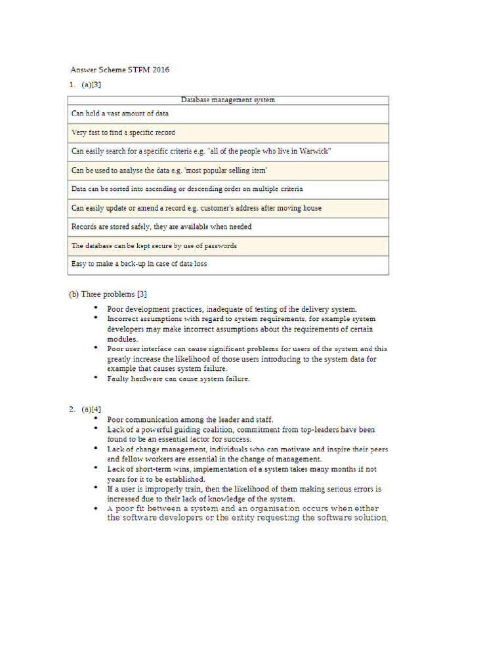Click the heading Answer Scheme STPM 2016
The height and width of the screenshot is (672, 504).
point(119,70)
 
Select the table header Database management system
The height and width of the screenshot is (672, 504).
point(228,100)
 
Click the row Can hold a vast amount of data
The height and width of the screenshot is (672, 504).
point(120,114)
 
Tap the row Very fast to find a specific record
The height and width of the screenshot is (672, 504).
point(123,133)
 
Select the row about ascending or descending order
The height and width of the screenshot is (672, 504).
point(187,189)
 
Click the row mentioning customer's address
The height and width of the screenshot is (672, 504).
point(196,208)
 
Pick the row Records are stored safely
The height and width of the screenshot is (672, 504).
point(161,226)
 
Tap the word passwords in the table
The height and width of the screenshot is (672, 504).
point(221,245)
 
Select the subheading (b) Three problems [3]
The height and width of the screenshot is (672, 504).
point(112,294)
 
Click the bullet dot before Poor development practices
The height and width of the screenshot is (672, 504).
point(95,307)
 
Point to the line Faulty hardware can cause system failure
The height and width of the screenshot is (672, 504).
point(178,379)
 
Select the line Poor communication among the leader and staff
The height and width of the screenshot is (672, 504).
point(190,419)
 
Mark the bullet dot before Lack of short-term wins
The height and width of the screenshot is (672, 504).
point(95,468)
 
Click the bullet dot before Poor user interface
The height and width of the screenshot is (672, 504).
point(95,348)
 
